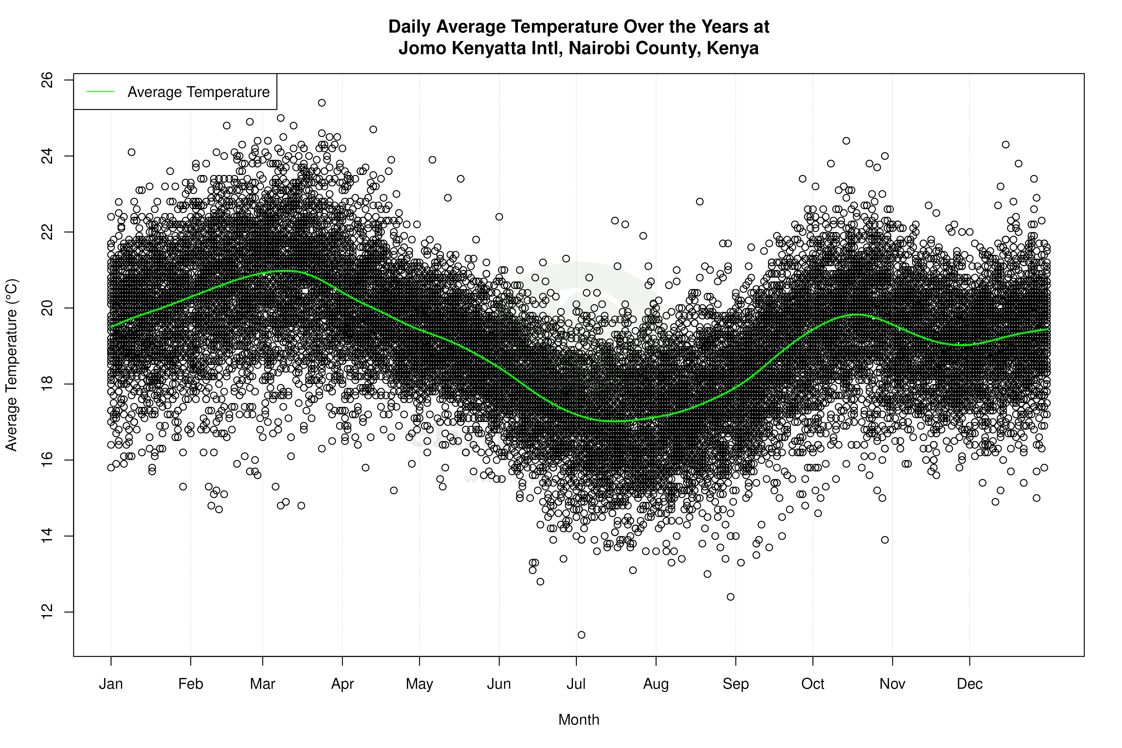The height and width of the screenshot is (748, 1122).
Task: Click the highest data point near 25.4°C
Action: pyautogui.click(x=322, y=103)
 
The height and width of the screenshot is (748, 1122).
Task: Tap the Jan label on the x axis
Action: pyautogui.click(x=111, y=684)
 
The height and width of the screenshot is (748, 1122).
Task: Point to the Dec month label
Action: pyautogui.click(x=969, y=684)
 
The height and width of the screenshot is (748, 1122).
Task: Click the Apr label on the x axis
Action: pyautogui.click(x=343, y=684)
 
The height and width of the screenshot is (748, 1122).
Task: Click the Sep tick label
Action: pyautogui.click(x=736, y=684)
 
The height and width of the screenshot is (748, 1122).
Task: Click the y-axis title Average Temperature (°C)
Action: pyautogui.click(x=11, y=365)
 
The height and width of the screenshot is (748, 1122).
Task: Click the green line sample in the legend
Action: pyautogui.click(x=101, y=92)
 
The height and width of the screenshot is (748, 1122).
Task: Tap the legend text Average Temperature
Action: pyautogui.click(x=198, y=92)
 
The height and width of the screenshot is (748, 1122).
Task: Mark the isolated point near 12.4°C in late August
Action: pyautogui.click(x=730, y=597)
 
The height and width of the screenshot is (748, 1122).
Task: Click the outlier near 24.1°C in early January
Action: pyautogui.click(x=132, y=152)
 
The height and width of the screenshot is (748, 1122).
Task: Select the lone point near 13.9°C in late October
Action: pyautogui.click(x=885, y=539)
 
